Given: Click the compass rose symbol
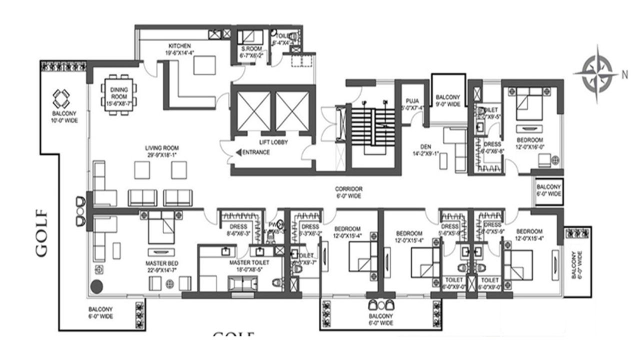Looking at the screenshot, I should click(593, 73).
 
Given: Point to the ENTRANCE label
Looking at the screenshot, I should click(255, 152).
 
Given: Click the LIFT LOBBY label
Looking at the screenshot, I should click(271, 141).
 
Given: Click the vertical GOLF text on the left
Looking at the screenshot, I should click(42, 232).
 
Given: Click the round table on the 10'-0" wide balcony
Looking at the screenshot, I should click(63, 99).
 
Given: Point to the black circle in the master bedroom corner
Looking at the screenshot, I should click(96, 287).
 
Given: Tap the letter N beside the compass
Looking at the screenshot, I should click(624, 75).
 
